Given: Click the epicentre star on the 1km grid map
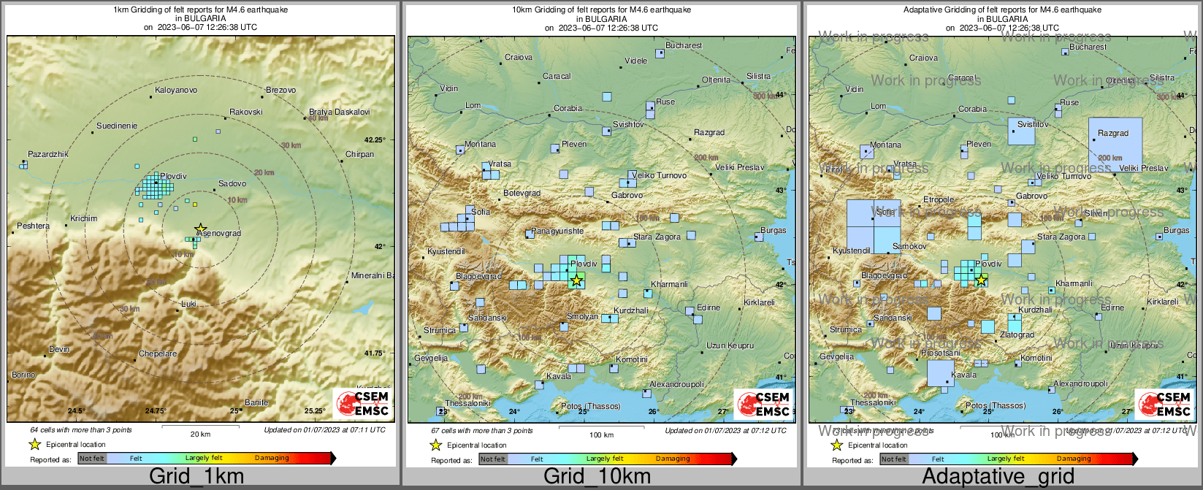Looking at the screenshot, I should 201,229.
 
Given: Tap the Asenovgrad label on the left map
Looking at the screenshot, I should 219,234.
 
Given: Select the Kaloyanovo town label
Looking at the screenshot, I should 176,91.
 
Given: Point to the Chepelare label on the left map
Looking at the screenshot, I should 158,354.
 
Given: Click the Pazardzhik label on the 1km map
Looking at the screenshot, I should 47,155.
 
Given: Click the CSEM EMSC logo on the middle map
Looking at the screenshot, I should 764,404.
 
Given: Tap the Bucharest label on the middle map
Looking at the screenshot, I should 684,46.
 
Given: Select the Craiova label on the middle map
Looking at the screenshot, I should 519,57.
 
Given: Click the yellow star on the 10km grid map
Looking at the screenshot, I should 576,280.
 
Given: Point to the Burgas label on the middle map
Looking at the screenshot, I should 773,231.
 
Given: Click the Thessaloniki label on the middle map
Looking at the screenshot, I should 467,403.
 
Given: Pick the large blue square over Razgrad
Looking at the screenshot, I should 1115,144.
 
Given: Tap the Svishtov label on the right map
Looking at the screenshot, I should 1033,125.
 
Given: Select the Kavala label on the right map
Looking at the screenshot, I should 963,375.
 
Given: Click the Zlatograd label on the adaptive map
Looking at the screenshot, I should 1017,335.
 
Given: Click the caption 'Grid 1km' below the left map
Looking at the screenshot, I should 196,477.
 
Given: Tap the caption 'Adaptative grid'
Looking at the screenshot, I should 998,477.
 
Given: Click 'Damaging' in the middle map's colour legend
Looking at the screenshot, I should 673,459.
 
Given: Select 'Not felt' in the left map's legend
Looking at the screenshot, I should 92,459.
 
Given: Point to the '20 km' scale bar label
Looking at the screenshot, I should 200,435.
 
